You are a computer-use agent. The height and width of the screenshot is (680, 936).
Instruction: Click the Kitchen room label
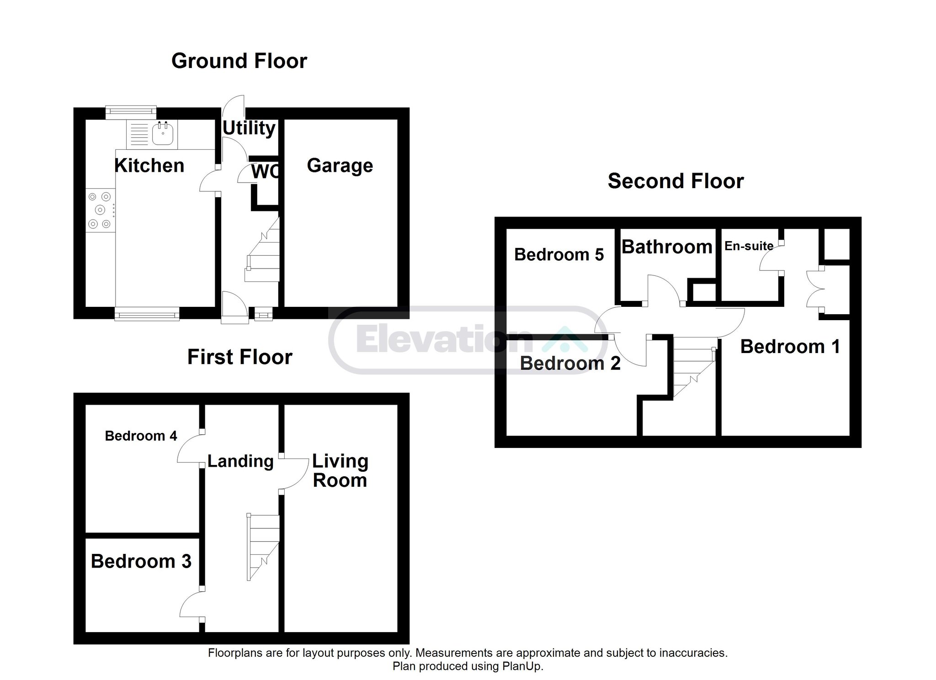[149, 165]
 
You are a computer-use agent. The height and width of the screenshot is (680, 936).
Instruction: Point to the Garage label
[340, 166]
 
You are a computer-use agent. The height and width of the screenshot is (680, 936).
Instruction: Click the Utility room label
[249, 128]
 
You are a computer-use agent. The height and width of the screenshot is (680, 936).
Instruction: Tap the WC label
[266, 172]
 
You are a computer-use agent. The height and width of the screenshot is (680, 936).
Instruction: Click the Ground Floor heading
[239, 61]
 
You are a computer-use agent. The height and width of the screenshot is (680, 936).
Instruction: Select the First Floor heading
[240, 357]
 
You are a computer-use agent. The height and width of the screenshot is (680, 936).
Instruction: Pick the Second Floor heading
[675, 181]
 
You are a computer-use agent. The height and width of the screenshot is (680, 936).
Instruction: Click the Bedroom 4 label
[141, 436]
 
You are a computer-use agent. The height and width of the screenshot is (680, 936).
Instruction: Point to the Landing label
[241, 462]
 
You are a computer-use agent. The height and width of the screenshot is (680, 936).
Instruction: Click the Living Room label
[340, 471]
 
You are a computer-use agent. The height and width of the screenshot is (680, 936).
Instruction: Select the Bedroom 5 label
[559, 254]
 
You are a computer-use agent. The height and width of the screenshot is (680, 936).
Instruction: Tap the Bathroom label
[667, 247]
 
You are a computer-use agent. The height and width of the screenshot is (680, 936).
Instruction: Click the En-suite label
[749, 246]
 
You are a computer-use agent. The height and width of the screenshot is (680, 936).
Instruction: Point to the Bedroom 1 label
[790, 347]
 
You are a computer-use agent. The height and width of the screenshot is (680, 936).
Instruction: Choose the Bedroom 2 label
[570, 364]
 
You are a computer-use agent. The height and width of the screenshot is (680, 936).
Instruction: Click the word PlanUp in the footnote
[522, 666]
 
